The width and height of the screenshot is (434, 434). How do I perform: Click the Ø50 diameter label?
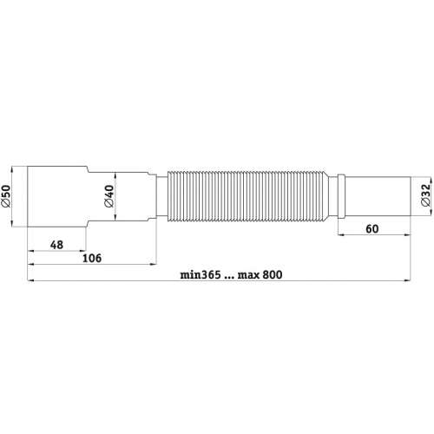point(6,196)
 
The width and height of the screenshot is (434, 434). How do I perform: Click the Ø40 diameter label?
point(109,196)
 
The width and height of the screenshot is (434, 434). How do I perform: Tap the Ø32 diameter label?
point(426,195)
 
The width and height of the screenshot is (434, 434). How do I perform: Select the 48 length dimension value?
point(56,245)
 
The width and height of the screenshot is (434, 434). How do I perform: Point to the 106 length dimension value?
point(92,258)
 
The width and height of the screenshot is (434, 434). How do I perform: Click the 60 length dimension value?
point(372,229)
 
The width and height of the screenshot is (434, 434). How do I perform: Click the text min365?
point(201,274)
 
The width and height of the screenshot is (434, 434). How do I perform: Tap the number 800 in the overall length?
point(273,274)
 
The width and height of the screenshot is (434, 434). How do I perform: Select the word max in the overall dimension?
point(248,275)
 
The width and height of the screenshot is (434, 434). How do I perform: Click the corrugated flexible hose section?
point(248,196)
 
